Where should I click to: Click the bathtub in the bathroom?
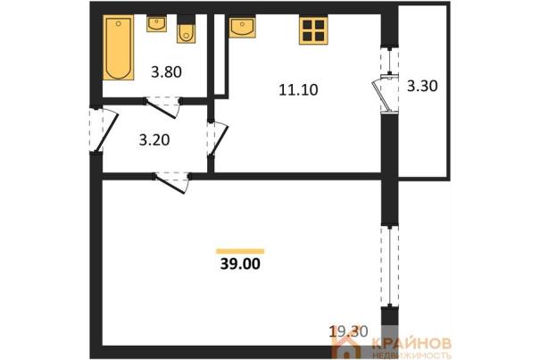tap(118, 47)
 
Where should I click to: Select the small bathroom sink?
tap(157, 23)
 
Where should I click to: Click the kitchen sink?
tap(242, 26)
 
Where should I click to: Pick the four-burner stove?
tap(313, 30)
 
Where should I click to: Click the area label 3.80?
tap(166, 72)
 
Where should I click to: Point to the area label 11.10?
tap(298, 90)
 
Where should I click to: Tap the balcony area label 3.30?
tap(422, 86)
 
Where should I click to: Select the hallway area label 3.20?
tap(154, 140)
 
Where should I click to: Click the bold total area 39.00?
tap(240, 264)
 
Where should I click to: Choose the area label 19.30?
tap(348, 331)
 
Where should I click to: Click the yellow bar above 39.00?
tap(240, 251)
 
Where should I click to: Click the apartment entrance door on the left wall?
tap(104, 130)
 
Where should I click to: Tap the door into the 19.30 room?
tap(171, 183)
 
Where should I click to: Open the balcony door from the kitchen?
tap(385, 94)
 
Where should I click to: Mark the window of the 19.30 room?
tap(389, 266)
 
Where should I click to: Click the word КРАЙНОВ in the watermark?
tap(411, 343)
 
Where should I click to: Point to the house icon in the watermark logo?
tap(347, 347)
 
